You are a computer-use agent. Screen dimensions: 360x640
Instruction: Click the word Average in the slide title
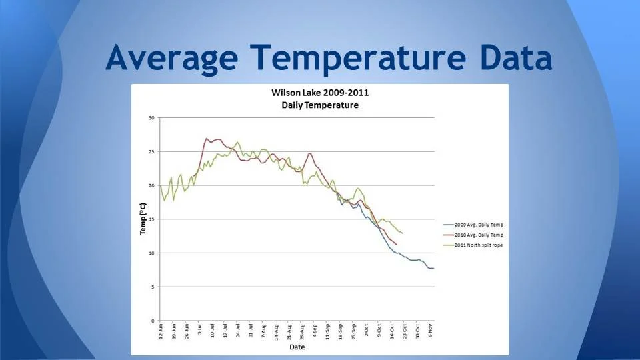point(172,58)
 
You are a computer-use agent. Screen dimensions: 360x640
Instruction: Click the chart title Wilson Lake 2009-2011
point(319,93)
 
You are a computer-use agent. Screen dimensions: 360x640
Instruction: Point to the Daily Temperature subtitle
point(319,105)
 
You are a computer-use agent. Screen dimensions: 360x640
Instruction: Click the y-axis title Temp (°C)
point(142,219)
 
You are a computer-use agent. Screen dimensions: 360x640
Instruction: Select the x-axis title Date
point(297,347)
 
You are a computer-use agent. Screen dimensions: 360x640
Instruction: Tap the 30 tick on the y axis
point(151,118)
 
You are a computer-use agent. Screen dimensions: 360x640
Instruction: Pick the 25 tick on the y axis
point(151,152)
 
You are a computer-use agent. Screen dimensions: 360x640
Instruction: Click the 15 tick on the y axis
point(151,219)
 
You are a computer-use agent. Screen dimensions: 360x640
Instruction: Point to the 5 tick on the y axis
point(153,287)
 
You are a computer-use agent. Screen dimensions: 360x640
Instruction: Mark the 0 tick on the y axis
point(153,321)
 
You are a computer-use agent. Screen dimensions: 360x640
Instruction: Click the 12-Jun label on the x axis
point(161,333)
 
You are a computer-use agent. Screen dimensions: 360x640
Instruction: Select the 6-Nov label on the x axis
point(430,332)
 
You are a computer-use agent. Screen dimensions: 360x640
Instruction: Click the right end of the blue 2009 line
point(433,268)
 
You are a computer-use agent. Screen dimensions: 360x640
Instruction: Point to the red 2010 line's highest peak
point(207,139)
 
